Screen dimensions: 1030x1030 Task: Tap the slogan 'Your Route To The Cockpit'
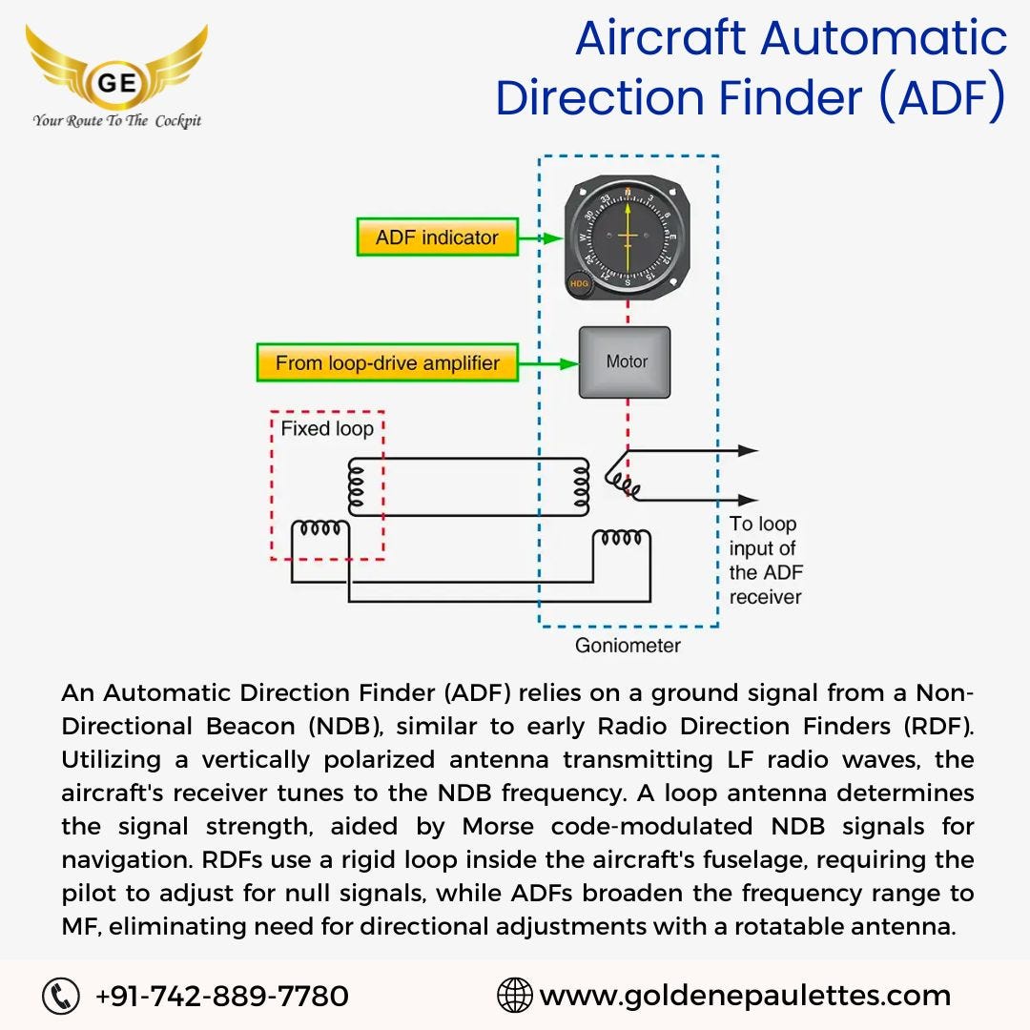(117, 121)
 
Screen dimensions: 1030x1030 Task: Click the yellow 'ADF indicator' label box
(437, 237)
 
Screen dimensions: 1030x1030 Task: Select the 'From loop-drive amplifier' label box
(387, 363)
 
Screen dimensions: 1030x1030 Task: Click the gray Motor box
(625, 362)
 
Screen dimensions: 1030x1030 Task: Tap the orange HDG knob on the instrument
(578, 284)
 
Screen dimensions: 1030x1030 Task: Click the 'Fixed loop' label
(326, 429)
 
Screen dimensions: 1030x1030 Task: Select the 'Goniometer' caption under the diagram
(628, 646)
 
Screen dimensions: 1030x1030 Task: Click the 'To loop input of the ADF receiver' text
(765, 561)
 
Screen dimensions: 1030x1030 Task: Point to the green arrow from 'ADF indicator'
(541, 237)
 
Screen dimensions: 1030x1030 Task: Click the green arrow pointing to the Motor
(549, 363)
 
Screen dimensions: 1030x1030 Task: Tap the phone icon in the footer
(60, 997)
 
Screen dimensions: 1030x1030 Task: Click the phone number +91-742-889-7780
(222, 997)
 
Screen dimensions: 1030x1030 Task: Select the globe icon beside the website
(515, 997)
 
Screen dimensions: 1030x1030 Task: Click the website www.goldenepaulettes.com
(745, 997)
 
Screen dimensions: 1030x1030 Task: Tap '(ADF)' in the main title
(940, 98)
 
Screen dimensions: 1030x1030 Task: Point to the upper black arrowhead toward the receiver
(748, 450)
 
